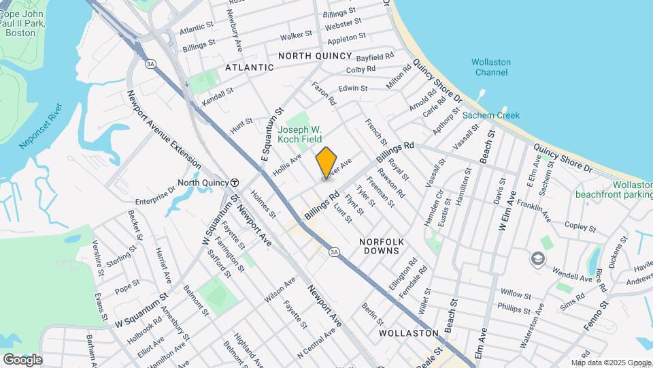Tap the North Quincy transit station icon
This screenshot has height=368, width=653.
235,183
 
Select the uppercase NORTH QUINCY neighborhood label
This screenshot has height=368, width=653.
315,56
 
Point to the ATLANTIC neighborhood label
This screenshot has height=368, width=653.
249,67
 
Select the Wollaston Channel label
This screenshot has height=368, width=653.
491,67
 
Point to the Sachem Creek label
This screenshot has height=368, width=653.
491,115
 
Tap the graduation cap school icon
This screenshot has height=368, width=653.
538,258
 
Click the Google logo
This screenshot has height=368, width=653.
22,359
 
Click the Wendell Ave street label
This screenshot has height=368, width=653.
572,277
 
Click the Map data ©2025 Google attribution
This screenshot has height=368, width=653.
610,363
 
